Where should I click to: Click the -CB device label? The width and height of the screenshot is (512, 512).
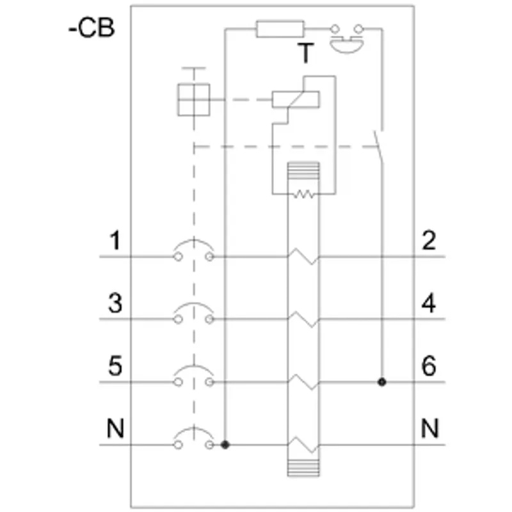tap(92, 28)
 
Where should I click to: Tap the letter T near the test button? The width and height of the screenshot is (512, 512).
tap(306, 53)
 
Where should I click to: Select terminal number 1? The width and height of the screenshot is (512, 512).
tap(115, 241)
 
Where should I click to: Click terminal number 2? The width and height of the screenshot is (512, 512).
tap(429, 241)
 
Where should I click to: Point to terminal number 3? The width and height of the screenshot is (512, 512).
tap(115, 303)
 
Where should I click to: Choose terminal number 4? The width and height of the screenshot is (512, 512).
tap(429, 303)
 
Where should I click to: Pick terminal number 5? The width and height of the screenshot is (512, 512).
tap(115, 365)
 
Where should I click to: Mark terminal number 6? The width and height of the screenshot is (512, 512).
tap(429, 365)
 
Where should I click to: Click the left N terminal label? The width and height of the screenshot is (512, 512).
tap(116, 428)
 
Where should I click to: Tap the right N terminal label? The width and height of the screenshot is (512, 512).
tap(429, 428)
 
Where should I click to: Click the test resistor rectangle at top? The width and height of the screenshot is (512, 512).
tap(280, 29)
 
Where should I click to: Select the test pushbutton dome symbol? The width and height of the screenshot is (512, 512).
tap(347, 45)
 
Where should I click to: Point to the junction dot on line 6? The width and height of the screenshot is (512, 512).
tap(381, 381)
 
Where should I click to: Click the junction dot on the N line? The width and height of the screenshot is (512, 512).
tap(225, 444)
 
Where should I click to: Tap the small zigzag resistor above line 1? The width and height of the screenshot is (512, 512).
tap(303, 195)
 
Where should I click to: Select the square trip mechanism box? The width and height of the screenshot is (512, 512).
tap(194, 100)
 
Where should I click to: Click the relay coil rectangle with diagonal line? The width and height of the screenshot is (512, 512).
tap(296, 100)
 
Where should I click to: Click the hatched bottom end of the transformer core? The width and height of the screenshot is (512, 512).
tap(303, 468)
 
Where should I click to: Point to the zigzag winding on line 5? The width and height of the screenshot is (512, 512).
tap(303, 381)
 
